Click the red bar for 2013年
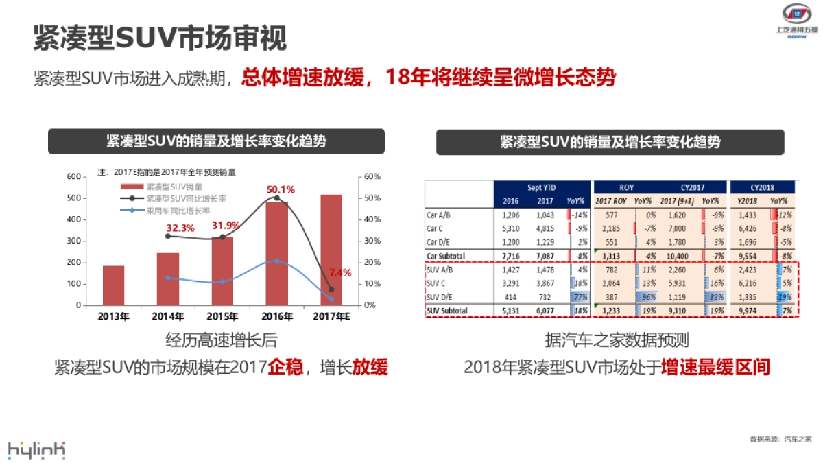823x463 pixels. coord(114,285)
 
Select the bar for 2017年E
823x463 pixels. coord(331,250)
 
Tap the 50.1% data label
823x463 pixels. coord(281,189)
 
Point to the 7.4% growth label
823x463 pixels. coord(339,272)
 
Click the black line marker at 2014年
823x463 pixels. coord(168,236)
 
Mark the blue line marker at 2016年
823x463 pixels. coord(277,261)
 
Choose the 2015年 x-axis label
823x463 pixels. coord(222,317)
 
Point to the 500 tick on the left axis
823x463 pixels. coord(73,198)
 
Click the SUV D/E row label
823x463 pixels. coord(439,296)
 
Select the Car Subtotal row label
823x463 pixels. coord(446,256)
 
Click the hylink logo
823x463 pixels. coord(36,449)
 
